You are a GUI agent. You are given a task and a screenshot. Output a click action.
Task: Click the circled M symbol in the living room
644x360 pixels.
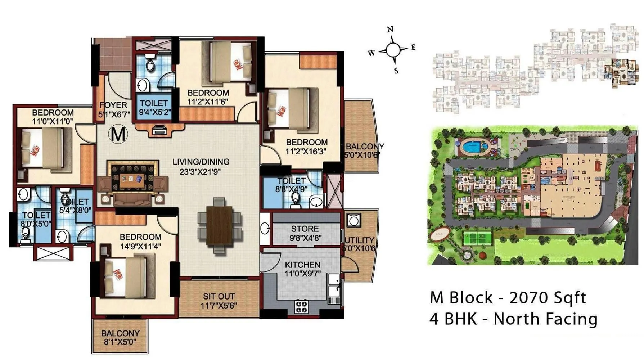point(118,134)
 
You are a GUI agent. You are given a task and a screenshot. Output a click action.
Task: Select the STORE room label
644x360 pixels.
point(305,229)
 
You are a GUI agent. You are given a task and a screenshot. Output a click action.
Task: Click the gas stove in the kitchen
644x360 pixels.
point(301,307)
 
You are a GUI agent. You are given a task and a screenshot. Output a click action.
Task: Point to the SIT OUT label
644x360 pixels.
point(219,296)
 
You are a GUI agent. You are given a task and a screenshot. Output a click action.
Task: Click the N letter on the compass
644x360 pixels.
point(390,30)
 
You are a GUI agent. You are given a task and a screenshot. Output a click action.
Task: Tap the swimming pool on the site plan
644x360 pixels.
point(471,147)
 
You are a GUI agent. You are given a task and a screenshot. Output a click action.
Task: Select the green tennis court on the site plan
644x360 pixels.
point(478,238)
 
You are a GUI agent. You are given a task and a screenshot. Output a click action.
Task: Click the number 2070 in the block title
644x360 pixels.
point(529,298)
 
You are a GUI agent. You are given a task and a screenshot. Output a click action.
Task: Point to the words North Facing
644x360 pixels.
point(545,319)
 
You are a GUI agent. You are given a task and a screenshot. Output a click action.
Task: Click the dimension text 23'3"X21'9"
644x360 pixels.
point(201,172)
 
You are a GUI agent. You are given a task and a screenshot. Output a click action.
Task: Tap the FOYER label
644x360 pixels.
point(113,105)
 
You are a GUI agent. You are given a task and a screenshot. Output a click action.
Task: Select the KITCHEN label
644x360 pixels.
point(302,265)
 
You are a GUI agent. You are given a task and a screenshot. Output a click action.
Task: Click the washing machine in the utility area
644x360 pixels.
point(353,220)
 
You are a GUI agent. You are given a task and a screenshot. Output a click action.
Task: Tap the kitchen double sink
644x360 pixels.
point(334,285)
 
